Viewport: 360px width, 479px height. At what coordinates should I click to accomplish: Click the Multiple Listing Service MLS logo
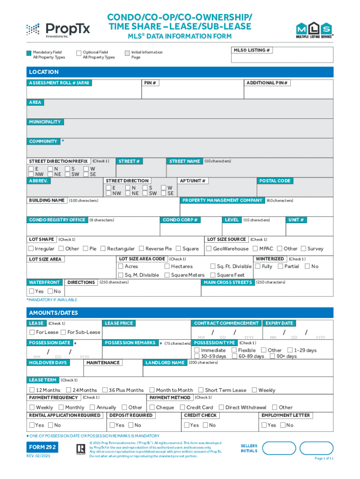315,30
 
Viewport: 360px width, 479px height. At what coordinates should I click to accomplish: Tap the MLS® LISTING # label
252,50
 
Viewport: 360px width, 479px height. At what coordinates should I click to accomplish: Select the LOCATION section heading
43,72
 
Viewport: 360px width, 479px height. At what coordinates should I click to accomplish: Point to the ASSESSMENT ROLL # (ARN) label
59,83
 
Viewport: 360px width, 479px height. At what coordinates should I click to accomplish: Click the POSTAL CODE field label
275,181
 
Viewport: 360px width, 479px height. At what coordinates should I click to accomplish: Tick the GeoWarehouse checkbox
209,249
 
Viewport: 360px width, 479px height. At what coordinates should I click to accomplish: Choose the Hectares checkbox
167,267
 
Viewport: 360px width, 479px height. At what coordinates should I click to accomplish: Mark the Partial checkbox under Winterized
280,267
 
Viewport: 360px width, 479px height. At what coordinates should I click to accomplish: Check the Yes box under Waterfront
31,291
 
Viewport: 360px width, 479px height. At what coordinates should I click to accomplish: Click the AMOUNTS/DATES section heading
53,313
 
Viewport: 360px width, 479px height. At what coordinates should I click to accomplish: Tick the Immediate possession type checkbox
197,350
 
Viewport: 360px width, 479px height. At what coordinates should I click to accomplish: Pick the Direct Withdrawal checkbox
221,407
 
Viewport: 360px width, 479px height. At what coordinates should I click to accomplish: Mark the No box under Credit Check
206,425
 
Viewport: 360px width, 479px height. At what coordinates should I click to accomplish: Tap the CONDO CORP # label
181,220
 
